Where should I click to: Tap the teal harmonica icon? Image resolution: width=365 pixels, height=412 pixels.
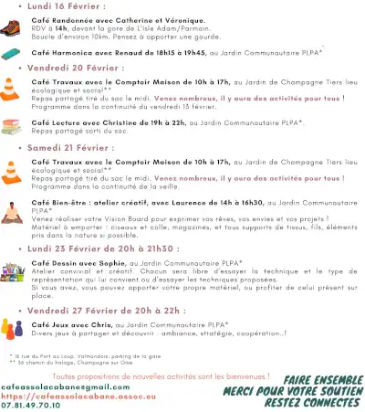(14, 55)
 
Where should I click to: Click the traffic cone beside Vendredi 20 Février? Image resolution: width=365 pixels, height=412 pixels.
(14, 90)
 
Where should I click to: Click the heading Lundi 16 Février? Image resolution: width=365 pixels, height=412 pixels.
(64, 5)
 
